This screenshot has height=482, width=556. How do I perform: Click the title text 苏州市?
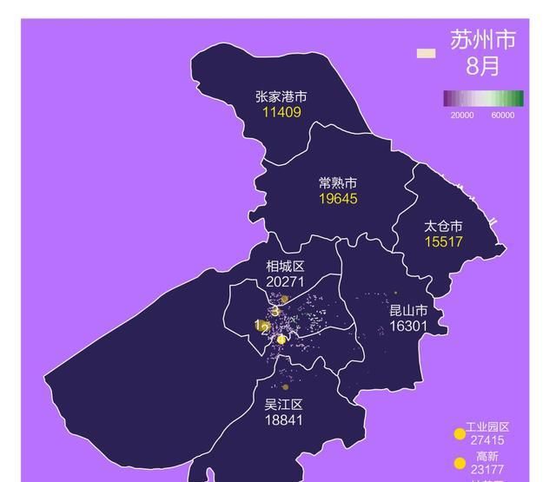[483, 40]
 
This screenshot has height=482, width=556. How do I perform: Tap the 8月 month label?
[483, 66]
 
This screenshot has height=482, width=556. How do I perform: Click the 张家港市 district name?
[281, 97]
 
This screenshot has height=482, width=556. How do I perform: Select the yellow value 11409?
[281, 112]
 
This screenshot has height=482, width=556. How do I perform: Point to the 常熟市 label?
[338, 183]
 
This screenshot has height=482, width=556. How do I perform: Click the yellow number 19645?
[338, 198]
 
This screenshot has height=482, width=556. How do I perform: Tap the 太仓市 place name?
[443, 225]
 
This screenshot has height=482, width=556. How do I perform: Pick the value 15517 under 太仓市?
[443, 241]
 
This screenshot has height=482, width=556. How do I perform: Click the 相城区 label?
[285, 267]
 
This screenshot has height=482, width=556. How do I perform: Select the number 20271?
[285, 281]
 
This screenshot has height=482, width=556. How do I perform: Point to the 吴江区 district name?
[283, 405]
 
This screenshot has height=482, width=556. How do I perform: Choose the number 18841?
[283, 419]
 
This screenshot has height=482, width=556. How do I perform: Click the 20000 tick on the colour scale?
[461, 116]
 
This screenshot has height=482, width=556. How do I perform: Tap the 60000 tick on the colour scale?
[503, 116]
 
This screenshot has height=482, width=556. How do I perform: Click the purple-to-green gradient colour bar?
[483, 98]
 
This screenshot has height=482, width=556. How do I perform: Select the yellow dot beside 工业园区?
[460, 434]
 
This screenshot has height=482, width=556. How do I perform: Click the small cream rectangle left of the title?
[426, 53]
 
